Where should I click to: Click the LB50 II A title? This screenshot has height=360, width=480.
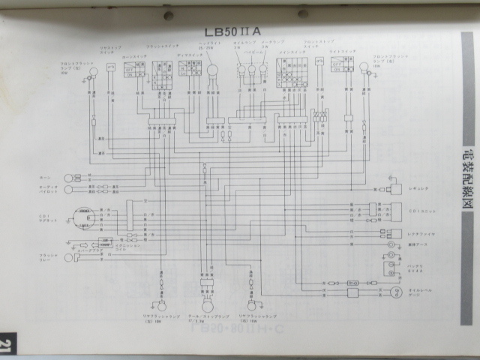232,31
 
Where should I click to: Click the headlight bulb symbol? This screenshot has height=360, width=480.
213,72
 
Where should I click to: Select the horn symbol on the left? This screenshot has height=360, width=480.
68,178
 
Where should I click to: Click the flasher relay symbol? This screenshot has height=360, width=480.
74,259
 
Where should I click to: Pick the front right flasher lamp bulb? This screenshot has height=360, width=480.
365,70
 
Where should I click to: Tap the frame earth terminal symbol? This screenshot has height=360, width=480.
389,244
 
